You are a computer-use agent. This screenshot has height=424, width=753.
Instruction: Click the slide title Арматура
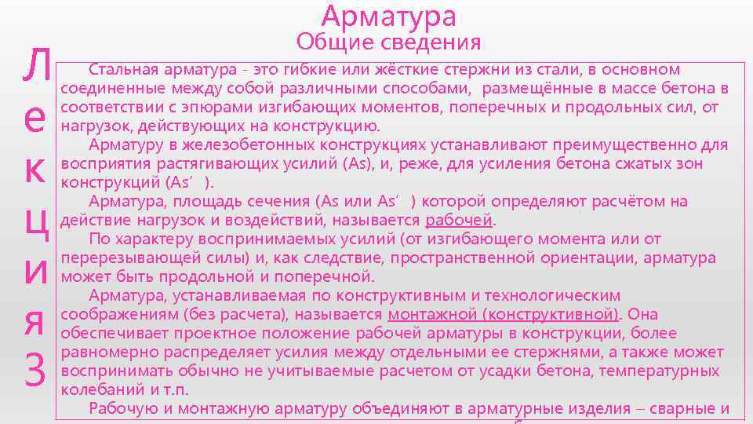coord(388,16)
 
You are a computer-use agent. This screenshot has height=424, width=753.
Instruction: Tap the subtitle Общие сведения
coord(388,42)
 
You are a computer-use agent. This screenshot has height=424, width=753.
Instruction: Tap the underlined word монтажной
coord(431,314)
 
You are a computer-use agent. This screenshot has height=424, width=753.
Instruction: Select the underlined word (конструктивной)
coord(549,314)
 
